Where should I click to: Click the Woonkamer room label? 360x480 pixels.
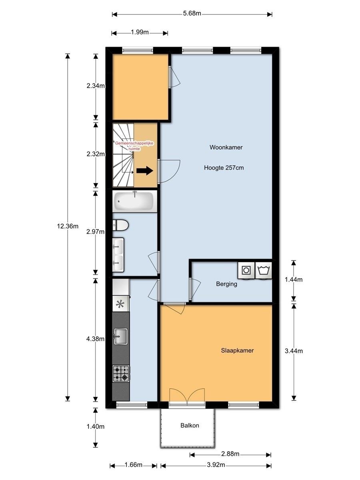coord(226,147)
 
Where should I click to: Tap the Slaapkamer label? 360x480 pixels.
coord(237,350)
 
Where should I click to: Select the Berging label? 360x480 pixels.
coord(226,284)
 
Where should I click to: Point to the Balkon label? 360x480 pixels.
coord(190,425)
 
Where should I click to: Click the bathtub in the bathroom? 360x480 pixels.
coord(135,201)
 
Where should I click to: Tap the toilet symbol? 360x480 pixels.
coord(120,225)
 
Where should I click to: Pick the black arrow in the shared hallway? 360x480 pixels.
coord(145,170)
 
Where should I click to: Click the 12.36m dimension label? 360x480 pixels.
coord(68,226)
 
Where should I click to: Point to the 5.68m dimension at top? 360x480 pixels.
coord(192,13)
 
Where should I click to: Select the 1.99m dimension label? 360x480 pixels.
coord(140,32)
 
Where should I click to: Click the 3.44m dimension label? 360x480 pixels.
coord(294,351)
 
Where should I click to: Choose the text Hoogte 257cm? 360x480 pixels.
coord(224,168)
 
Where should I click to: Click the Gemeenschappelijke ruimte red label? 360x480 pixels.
coord(134,146)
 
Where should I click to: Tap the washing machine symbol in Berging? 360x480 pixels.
coord(246,270)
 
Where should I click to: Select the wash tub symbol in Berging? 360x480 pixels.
coord(263,270)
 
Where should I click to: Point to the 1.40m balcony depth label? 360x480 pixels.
coord(96,426)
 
